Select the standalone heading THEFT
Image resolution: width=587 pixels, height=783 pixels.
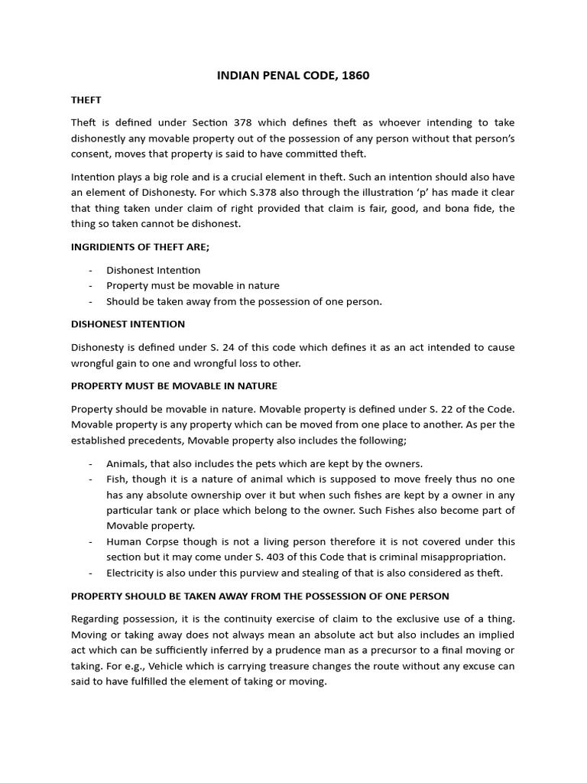(x=86, y=100)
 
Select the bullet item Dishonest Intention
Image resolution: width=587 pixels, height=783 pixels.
(x=153, y=270)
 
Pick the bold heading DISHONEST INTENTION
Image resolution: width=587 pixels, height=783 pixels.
(x=128, y=324)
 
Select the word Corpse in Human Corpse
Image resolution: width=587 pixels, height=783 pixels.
(x=160, y=541)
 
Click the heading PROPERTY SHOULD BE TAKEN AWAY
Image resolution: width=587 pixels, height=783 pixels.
(x=260, y=596)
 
